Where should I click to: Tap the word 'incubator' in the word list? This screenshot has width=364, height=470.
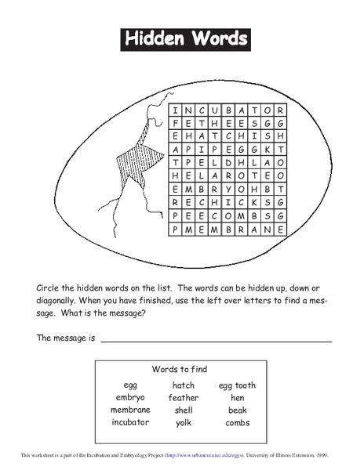point(130,423)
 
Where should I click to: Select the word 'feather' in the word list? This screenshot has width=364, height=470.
point(183,398)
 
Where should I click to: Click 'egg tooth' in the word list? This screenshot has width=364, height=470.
point(237,385)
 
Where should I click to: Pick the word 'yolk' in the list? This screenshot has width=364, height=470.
point(183,423)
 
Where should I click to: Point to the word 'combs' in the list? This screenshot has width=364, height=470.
point(237,423)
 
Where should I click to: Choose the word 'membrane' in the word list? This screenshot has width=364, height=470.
point(130,410)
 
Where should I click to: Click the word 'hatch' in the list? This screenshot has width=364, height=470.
point(183,385)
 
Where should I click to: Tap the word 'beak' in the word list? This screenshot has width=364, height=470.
point(237,410)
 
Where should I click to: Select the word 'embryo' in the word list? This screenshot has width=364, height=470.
point(130,398)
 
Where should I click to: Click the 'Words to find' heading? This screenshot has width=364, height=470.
point(184,368)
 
